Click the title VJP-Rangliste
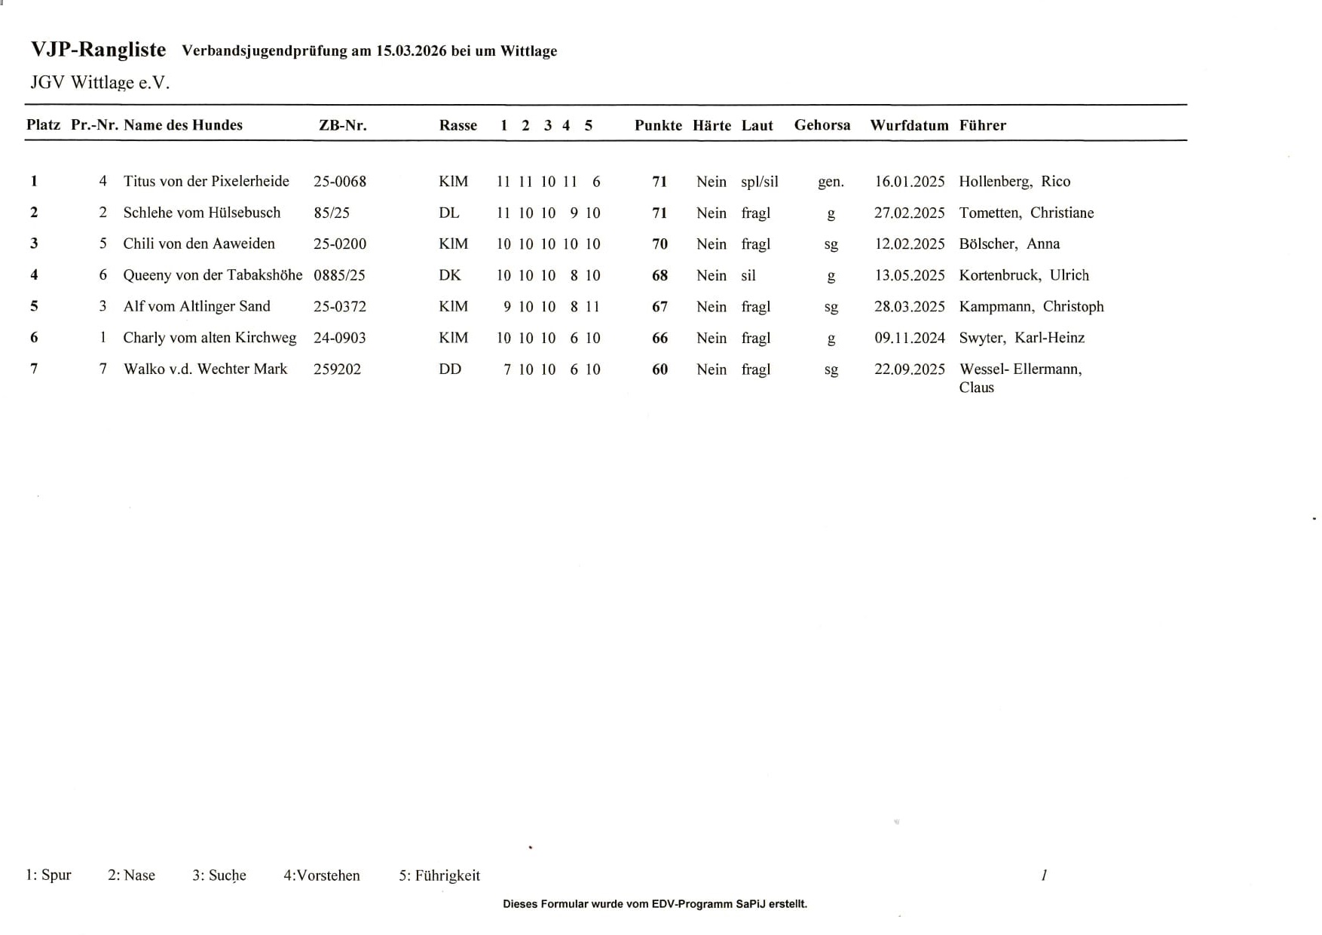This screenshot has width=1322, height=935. tap(98, 50)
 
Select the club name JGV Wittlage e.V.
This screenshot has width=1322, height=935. tap(99, 82)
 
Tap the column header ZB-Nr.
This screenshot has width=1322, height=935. tap(342, 125)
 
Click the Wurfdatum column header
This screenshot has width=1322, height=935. tap(909, 125)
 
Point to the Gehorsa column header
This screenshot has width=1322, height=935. tap(822, 125)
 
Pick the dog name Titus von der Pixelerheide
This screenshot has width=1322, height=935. tap(206, 181)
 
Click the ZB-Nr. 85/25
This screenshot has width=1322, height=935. tap(332, 213)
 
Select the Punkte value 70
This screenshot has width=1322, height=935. tap(659, 244)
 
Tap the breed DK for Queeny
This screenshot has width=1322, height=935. tap(449, 275)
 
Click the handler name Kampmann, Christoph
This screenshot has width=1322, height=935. tap(1030, 306)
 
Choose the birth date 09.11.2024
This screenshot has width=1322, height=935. tap(909, 338)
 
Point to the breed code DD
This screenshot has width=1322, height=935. tap(449, 369)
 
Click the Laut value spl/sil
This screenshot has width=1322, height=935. tap(759, 181)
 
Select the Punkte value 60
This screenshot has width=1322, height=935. tap(659, 369)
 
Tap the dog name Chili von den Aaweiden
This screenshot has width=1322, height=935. tap(199, 244)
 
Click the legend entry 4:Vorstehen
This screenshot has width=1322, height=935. tap(321, 875)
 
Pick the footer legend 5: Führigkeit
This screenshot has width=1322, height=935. tap(439, 875)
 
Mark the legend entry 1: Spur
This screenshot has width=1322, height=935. tap(48, 875)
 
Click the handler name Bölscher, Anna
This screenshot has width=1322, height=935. tap(1008, 244)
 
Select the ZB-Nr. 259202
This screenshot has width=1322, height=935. tap(337, 369)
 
